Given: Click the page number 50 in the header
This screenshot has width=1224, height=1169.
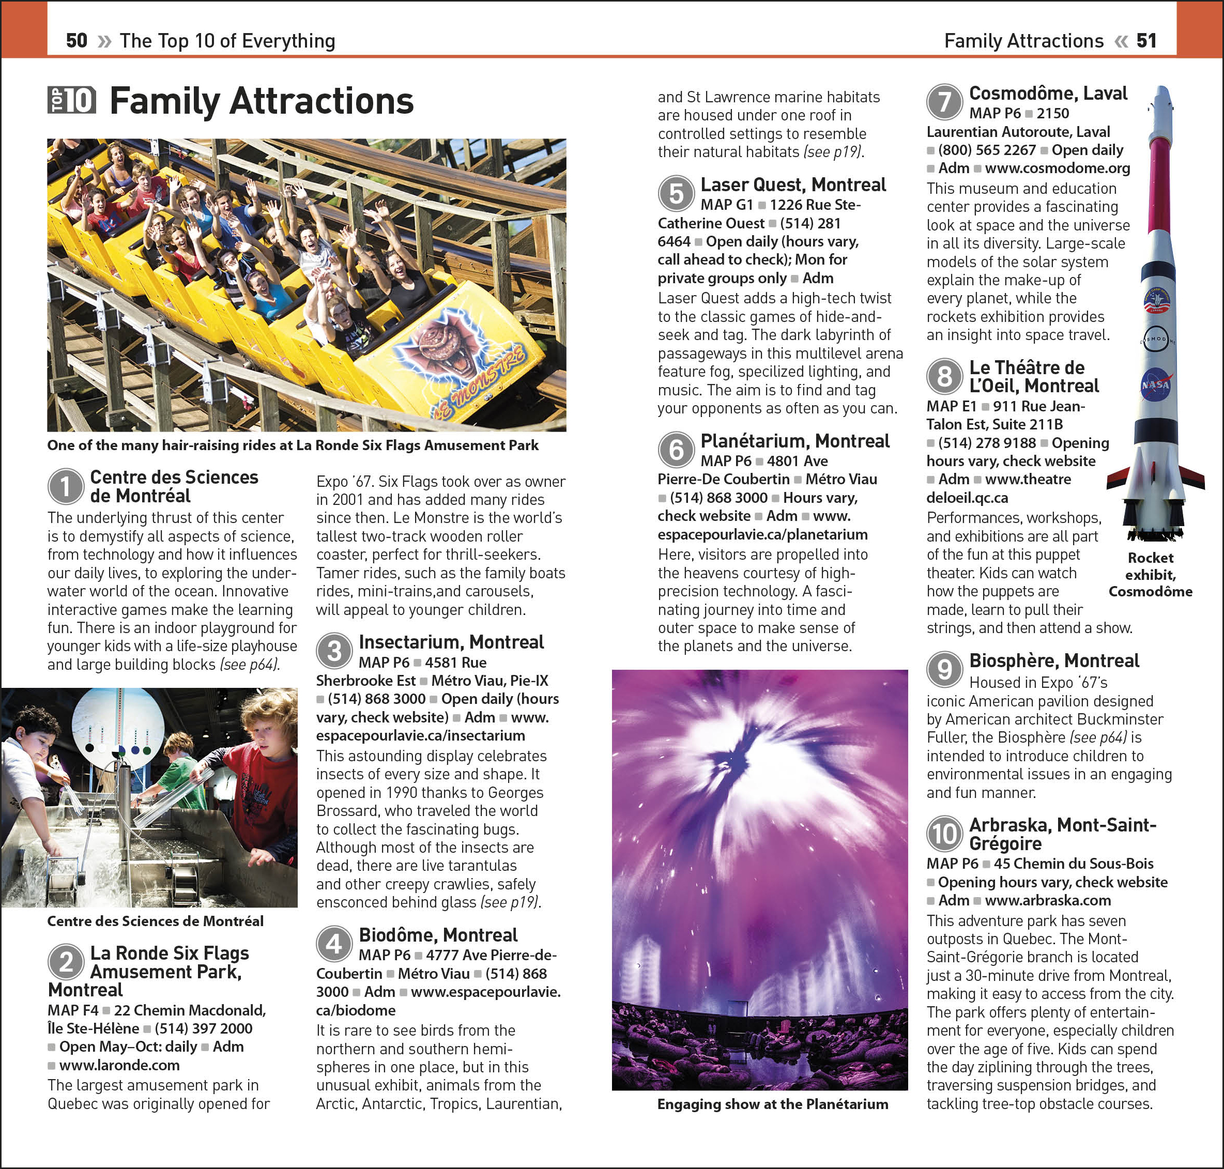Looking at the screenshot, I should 76,41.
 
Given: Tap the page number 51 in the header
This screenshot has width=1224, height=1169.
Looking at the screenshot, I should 1146,41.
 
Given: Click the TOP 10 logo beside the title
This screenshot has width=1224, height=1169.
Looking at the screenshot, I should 72,100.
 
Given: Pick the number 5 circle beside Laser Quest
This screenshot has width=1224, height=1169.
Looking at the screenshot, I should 676,194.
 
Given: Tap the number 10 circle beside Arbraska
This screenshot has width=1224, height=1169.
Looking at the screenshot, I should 944,834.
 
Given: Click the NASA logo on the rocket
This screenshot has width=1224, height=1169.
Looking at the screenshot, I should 1155,385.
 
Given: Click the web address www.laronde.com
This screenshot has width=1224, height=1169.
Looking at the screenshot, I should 119,1065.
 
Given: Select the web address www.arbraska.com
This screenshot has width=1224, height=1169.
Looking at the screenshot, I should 1048,900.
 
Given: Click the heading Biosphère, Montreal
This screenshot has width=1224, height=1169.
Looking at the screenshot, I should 1054,660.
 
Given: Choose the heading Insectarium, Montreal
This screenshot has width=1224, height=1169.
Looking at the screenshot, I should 451,642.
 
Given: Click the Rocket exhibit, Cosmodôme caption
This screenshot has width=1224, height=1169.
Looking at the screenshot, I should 1151,575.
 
